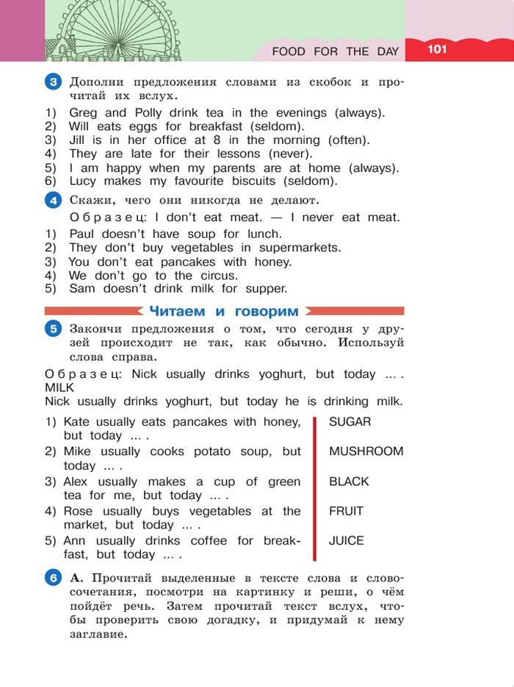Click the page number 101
435,49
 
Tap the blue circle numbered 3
52,81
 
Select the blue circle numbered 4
52,200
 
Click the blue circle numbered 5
52,329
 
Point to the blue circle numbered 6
52,578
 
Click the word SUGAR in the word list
350,422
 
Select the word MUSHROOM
366,451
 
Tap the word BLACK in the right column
349,481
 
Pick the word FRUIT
346,511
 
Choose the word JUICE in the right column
346,541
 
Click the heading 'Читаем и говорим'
224,311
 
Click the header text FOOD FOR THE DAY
335,51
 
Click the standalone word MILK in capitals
59,387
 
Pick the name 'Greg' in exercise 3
83,113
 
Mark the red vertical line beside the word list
314,488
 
